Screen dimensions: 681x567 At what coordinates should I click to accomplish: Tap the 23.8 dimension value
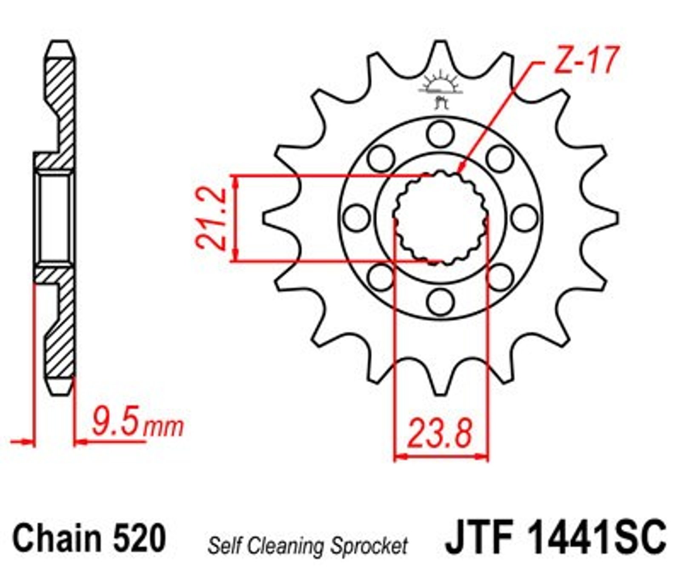click(x=440, y=434)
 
